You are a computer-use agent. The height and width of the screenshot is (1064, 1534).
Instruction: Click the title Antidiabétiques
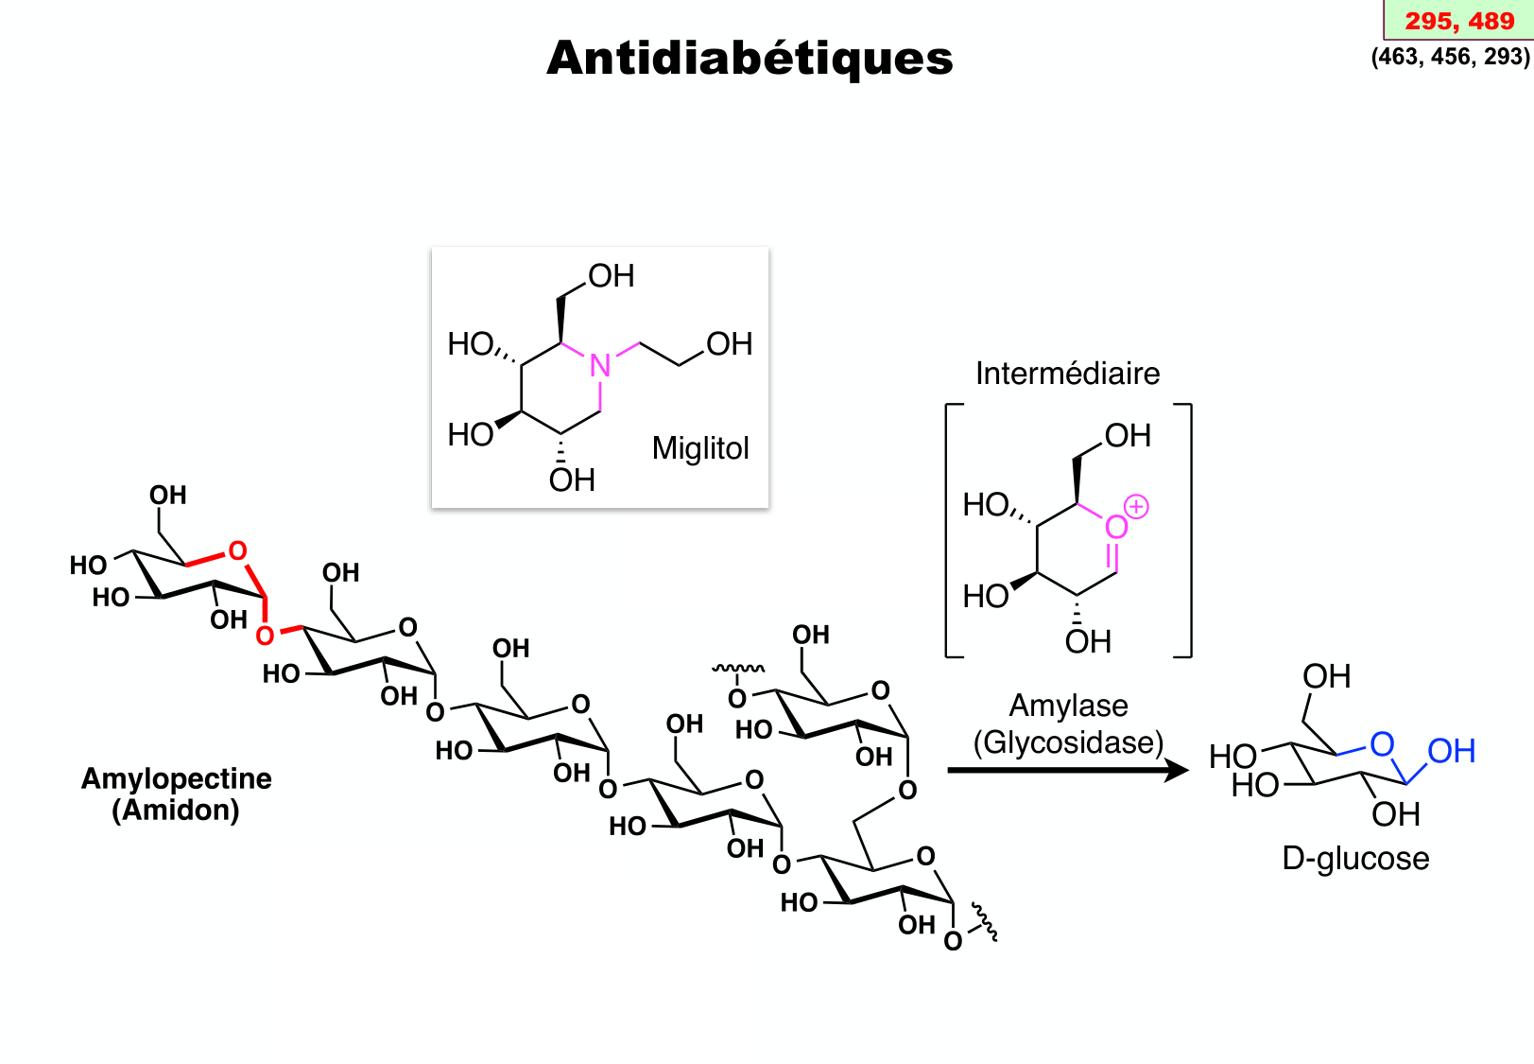(750, 59)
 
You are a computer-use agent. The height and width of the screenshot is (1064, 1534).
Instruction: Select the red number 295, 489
(1458, 21)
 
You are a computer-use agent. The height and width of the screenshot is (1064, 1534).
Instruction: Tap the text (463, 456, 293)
(1450, 57)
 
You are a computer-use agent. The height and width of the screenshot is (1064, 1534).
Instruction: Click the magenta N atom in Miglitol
(599, 366)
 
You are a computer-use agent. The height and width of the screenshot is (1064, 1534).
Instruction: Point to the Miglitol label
(700, 447)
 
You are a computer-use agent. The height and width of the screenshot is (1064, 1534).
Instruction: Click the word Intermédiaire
(1067, 374)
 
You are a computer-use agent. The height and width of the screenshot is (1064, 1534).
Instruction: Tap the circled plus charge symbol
(1136, 507)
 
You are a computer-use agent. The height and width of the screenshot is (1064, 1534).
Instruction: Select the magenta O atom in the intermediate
(1116, 527)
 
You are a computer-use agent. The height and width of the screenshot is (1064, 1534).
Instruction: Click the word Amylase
(1068, 706)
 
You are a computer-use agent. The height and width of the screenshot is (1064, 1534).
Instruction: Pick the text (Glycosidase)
(1068, 742)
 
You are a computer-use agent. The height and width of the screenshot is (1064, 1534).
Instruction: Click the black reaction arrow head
(1177, 771)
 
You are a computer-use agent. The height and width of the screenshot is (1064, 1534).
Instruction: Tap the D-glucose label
(1355, 859)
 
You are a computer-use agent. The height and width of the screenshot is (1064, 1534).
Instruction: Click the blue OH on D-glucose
(1451, 752)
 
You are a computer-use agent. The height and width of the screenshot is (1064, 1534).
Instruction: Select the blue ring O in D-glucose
(1382, 744)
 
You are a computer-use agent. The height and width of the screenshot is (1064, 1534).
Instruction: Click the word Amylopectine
(177, 778)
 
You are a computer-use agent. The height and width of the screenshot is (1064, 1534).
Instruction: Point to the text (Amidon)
(176, 811)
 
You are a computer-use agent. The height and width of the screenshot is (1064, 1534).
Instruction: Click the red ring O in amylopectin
(237, 550)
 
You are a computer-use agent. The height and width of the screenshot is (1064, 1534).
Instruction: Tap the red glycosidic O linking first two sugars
(266, 636)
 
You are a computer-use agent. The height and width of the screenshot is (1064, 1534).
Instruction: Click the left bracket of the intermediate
(949, 530)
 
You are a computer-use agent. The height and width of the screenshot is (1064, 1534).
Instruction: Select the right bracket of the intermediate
(1189, 530)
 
